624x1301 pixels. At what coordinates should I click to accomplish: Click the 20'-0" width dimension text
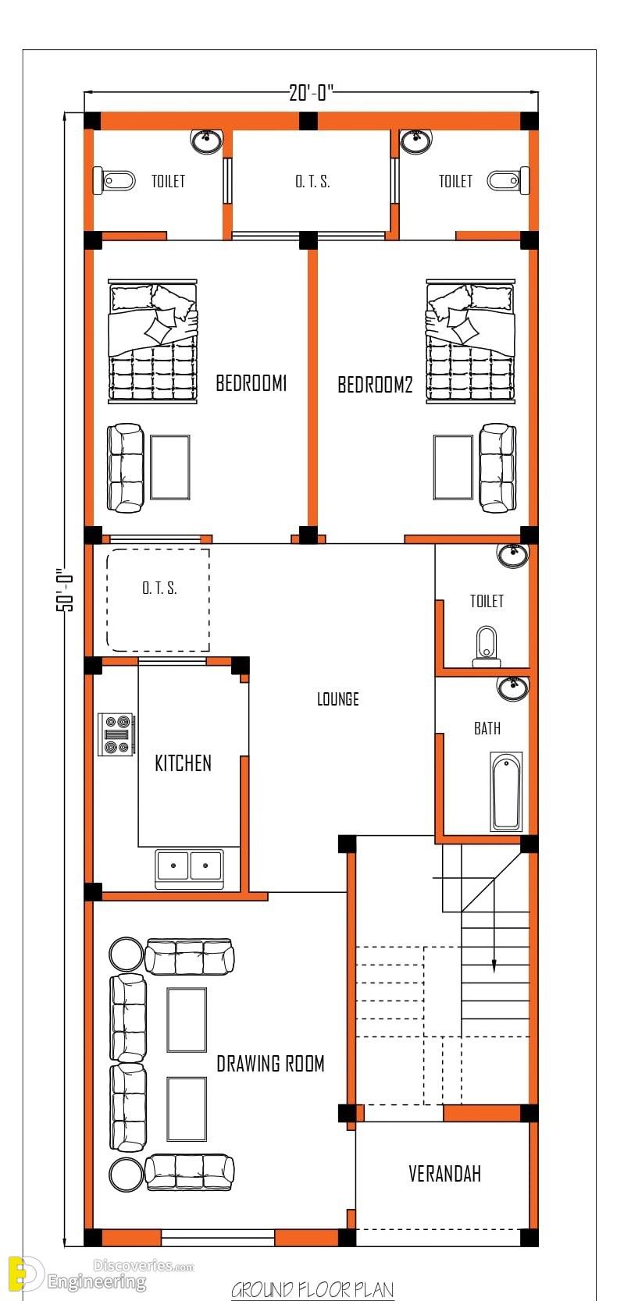[312, 92]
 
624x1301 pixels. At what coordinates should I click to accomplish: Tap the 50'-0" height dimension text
[65, 589]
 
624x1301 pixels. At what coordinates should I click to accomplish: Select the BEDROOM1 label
[251, 383]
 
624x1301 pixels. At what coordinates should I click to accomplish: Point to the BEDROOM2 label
[375, 385]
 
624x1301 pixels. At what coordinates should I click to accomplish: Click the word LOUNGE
[337, 698]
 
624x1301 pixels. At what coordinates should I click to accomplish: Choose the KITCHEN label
[183, 762]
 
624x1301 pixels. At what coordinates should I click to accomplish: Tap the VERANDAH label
[444, 1174]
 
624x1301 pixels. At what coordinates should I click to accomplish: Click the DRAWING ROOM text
[270, 1064]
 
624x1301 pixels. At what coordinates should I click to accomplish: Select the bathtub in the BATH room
[506, 791]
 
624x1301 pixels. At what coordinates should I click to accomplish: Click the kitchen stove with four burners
[116, 734]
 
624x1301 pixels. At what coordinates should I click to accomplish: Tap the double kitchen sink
[190, 869]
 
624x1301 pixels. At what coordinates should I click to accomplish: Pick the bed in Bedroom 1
[153, 341]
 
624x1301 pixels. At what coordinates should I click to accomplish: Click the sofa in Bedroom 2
[497, 467]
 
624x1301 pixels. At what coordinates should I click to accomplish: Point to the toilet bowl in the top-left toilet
[115, 180]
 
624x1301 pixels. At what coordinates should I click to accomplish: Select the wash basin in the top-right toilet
[416, 141]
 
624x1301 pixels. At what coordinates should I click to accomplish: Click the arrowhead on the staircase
[494, 966]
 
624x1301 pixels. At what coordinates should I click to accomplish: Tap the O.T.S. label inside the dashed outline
[159, 588]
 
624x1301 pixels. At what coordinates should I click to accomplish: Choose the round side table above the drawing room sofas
[126, 954]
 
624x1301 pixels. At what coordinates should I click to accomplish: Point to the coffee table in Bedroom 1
[170, 467]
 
